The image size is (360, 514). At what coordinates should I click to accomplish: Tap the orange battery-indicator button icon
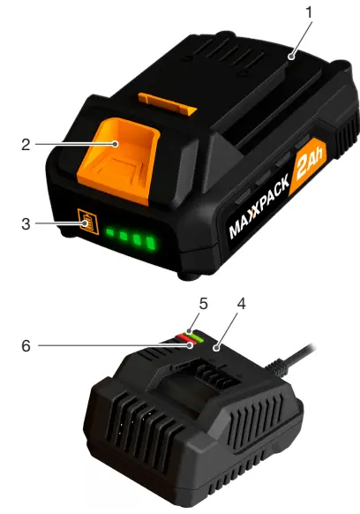click(x=87, y=223)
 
